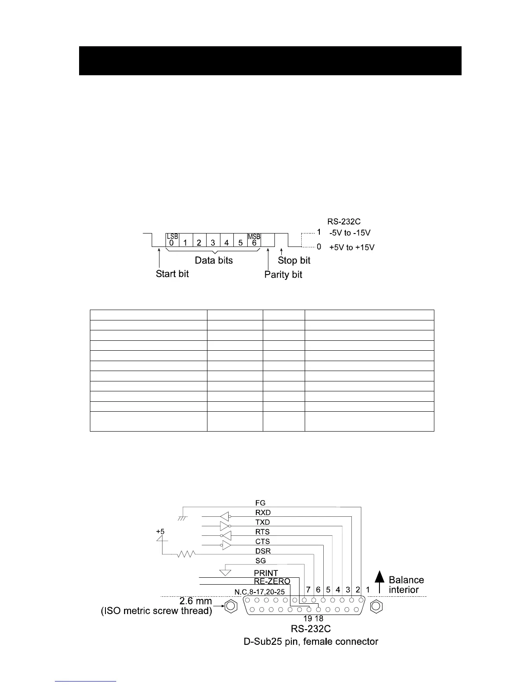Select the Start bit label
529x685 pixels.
coord(172,274)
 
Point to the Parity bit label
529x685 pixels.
coord(283,275)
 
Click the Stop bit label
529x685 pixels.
coord(294,260)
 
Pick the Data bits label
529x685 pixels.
coord(214,260)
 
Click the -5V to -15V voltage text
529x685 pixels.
coord(350,233)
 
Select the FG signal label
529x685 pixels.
coord(260,503)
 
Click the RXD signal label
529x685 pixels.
coord(263,512)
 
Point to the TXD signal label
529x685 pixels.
coord(262,522)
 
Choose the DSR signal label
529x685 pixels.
coord(263,551)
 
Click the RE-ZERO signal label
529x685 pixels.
coord(272,581)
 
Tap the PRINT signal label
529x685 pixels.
coord(266,573)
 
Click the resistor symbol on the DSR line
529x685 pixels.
coord(187,554)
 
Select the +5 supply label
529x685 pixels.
coord(160,531)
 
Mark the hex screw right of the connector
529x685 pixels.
coord(376,606)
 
